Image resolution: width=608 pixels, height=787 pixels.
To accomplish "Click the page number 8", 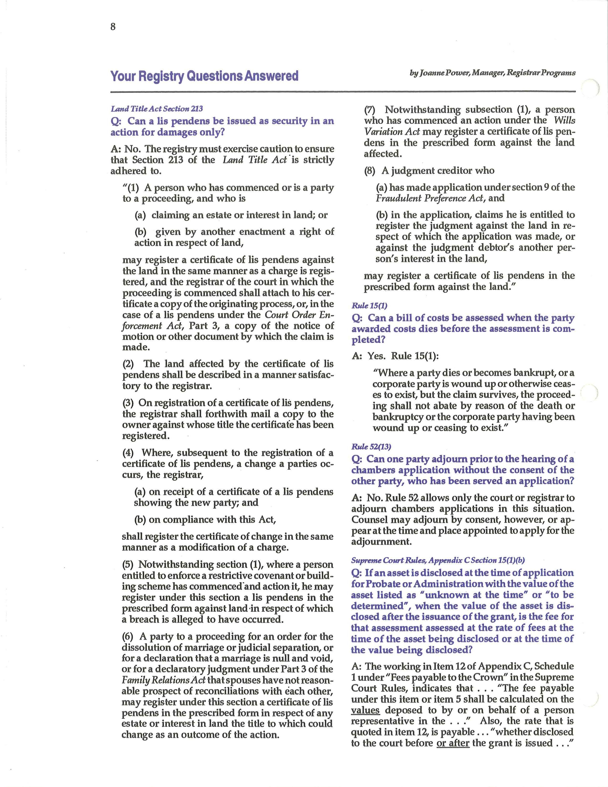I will pos(113,27).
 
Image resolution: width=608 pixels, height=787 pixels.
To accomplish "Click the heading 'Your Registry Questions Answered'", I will pos(204,76).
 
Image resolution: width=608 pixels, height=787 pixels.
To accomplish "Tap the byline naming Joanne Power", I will pos(492,73).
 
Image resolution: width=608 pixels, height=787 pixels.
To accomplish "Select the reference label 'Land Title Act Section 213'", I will pos(157,109).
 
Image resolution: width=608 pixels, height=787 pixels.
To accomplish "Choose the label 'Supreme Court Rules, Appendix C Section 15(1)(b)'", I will pos(438,560).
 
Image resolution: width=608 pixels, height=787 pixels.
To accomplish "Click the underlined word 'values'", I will pos(365,710).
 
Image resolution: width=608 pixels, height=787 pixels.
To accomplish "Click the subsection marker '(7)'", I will pos(370,109).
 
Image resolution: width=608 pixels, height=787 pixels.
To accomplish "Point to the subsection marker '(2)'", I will pos(129,364).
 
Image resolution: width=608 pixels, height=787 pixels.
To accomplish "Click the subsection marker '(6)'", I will pos(128,636).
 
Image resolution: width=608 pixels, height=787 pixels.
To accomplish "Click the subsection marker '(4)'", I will pos(129,453).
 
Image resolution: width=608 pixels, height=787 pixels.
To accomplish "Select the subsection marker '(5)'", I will pos(128,564).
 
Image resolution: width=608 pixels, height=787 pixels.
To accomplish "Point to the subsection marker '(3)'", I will pos(128,403).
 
